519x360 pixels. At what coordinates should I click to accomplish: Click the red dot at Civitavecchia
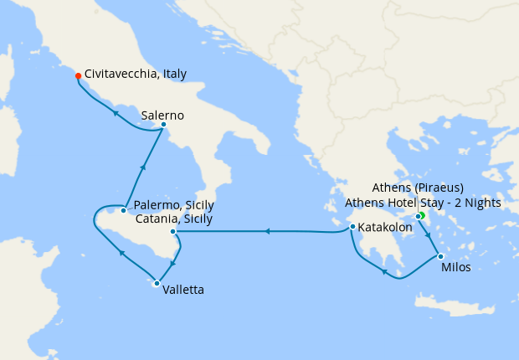(78, 75)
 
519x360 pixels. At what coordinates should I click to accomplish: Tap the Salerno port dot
(163, 126)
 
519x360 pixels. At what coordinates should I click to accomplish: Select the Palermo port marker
(124, 210)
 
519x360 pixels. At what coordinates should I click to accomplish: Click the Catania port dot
(172, 232)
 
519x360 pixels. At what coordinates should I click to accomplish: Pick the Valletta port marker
(156, 283)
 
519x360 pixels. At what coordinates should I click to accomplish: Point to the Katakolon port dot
(352, 226)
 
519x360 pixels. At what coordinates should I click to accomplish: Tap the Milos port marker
(440, 256)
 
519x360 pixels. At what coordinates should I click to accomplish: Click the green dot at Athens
(422, 216)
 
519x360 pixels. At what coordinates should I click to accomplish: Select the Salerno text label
(162, 115)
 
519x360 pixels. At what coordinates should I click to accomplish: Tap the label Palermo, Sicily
(173, 205)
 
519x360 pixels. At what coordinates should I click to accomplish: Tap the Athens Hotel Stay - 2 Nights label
(423, 203)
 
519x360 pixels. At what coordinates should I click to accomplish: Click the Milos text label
(455, 268)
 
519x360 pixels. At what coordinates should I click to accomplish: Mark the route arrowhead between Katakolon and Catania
(268, 231)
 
